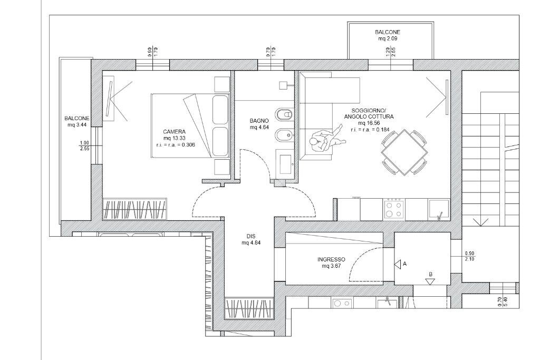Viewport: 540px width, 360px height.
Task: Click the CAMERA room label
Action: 174,131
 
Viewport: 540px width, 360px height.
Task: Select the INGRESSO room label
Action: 331,259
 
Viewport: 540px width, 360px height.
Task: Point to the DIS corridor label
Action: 251,236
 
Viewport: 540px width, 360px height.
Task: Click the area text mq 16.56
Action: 369,123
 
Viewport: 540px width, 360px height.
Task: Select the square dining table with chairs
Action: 404,152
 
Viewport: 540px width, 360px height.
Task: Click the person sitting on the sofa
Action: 323,143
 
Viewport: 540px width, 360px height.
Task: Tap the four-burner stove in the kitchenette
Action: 394,209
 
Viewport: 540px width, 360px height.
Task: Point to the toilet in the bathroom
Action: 285,114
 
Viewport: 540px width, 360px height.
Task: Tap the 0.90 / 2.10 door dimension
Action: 469,256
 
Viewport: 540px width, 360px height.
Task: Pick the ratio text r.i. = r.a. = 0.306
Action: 176,144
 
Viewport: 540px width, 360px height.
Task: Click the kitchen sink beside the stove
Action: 439,209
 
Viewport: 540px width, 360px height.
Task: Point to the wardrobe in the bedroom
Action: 134,209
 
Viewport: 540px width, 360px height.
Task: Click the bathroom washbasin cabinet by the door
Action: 285,163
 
